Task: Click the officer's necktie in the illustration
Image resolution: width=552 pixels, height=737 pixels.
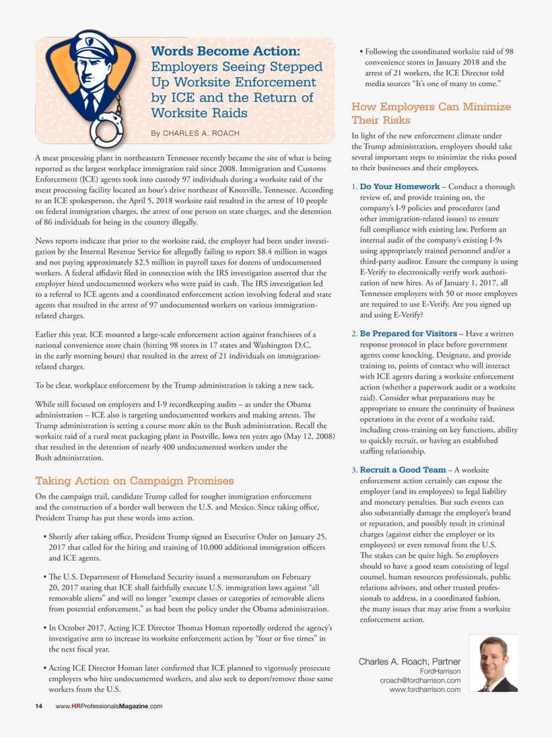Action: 90,101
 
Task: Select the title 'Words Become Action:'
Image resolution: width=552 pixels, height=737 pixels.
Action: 226,52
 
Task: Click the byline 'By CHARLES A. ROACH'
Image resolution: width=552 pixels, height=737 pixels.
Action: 195,133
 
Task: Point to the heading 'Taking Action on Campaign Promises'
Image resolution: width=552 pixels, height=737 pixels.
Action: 135,481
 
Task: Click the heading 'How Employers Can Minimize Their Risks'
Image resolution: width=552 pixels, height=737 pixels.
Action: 431,113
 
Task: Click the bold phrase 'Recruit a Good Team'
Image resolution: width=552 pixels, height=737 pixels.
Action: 403,469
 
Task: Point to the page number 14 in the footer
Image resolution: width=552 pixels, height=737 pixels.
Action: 39,706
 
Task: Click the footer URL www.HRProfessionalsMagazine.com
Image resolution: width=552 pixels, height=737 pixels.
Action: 109,706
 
